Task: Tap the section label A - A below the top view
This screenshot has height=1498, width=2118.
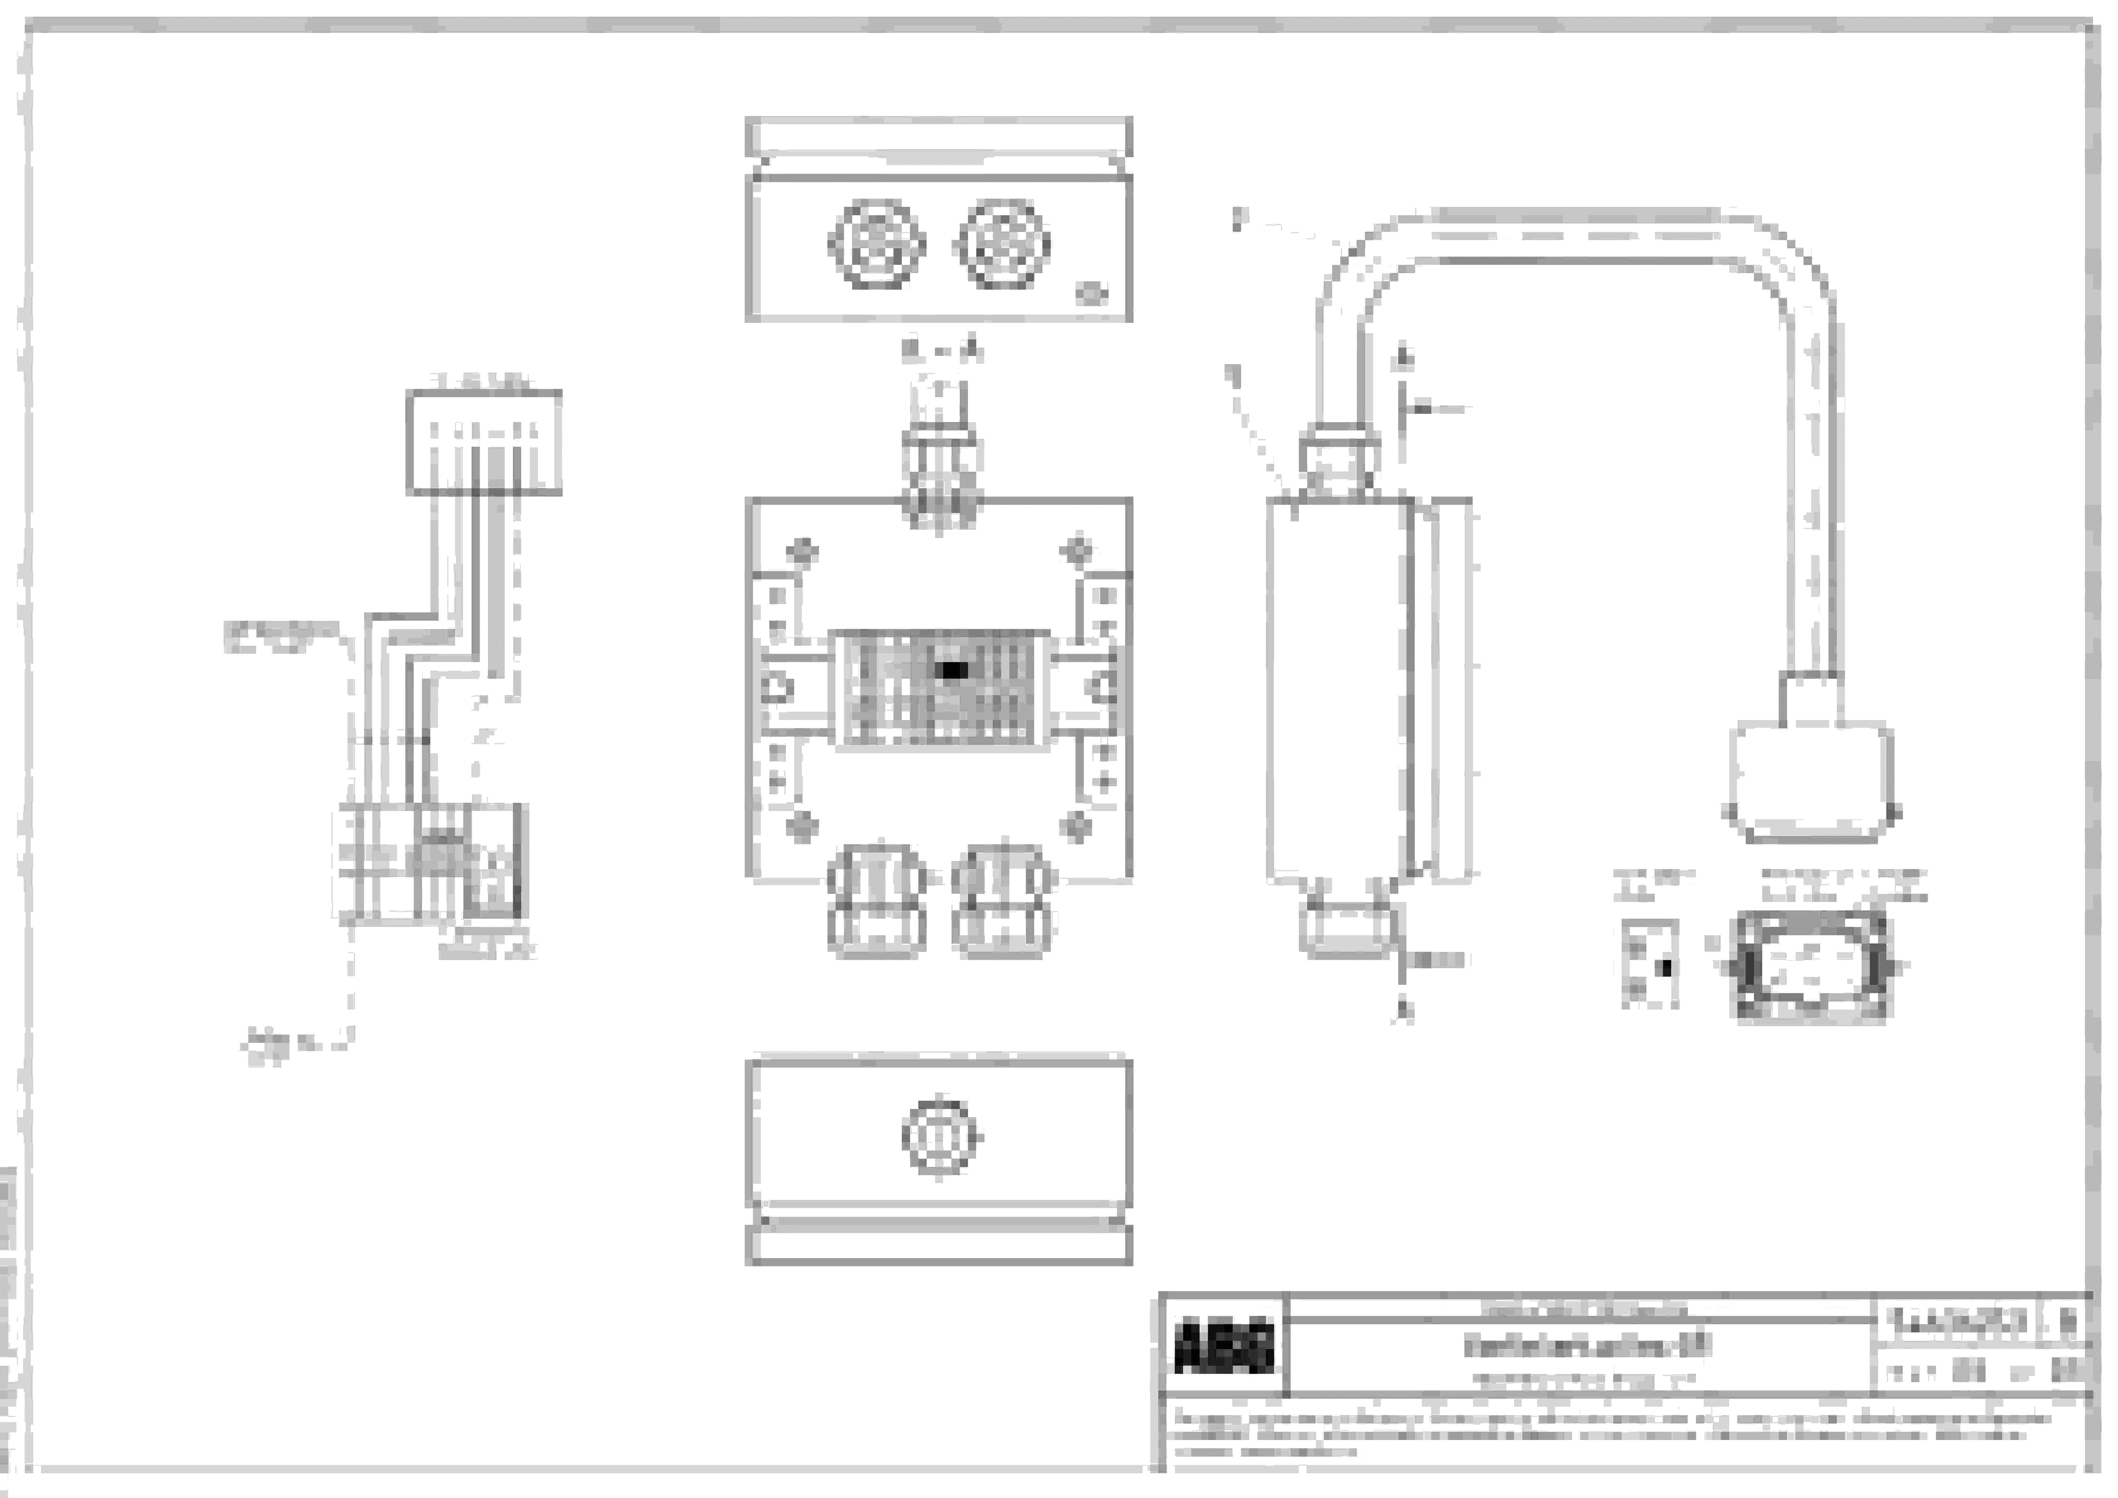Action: point(941,351)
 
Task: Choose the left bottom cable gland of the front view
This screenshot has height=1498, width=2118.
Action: point(876,901)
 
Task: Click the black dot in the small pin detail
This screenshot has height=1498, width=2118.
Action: point(1666,968)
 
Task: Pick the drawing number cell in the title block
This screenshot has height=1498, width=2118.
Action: point(1958,1323)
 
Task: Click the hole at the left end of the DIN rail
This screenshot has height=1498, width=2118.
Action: point(777,687)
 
